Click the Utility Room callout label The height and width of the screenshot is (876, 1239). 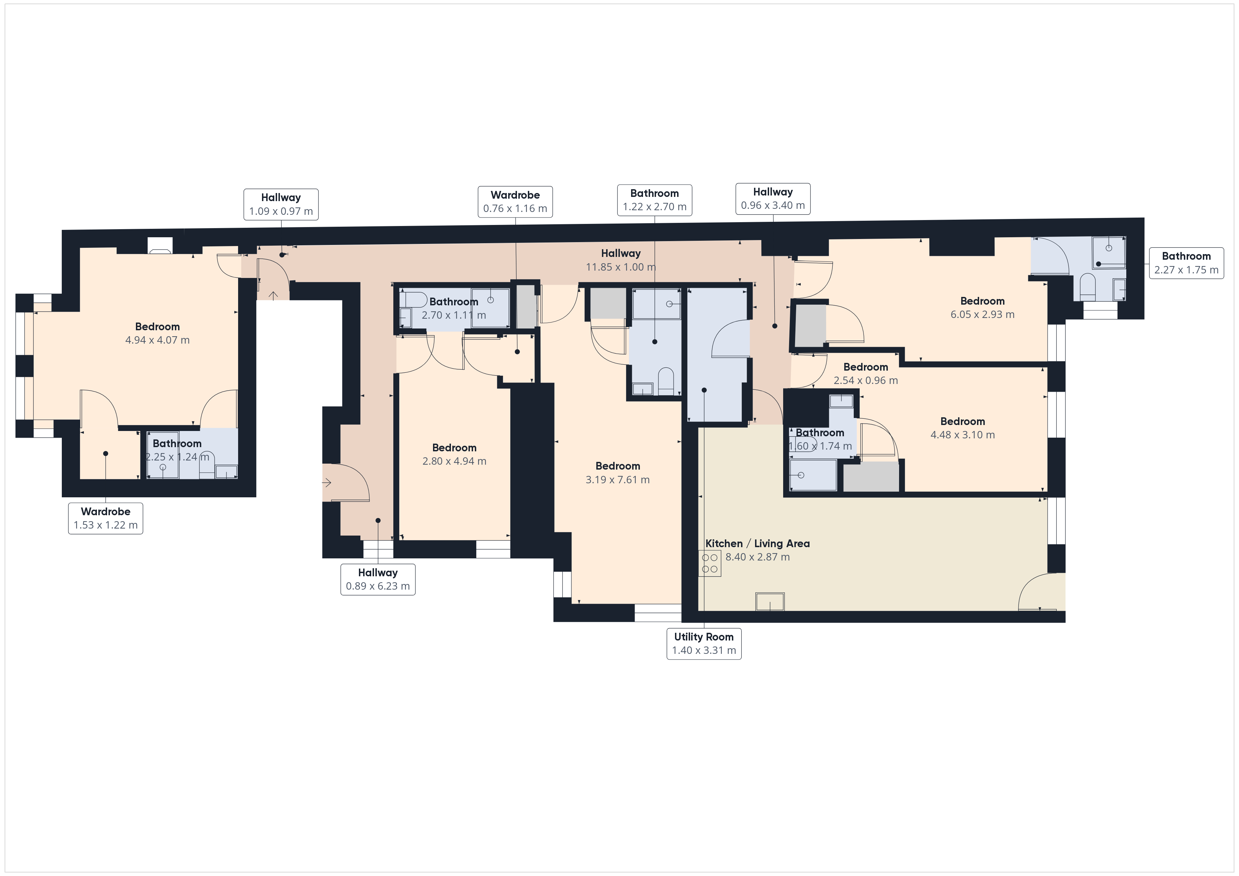pos(704,644)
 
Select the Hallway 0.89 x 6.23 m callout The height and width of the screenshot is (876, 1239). pos(378,579)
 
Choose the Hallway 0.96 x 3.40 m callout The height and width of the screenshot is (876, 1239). pos(772,199)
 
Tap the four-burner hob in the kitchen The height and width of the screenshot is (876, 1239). pos(710,563)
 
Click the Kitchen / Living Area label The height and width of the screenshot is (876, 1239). pos(757,544)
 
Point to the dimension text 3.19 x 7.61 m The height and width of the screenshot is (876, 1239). pos(617,479)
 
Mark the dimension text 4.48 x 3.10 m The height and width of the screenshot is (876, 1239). pos(962,435)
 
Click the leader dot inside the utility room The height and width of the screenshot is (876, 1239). pos(704,390)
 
